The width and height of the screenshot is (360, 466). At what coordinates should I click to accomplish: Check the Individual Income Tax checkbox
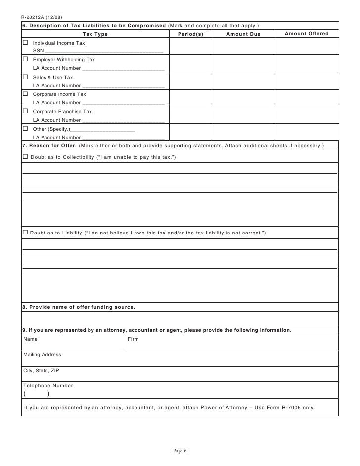26,43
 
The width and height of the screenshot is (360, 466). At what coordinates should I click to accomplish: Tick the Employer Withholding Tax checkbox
26,59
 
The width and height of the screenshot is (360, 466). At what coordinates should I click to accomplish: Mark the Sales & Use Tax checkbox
26,77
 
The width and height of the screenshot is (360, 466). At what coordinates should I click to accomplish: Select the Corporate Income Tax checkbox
26,94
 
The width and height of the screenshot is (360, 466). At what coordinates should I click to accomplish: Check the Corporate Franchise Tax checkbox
26,111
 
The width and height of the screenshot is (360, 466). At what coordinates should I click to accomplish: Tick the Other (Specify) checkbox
26,129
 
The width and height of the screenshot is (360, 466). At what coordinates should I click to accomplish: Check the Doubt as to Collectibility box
25,157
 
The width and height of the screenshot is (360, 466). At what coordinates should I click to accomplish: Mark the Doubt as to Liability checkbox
25,233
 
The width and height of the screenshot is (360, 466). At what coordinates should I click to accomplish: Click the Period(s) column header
190,34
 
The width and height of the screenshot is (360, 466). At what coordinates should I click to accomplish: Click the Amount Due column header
243,34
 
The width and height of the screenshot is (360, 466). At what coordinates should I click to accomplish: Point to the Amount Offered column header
307,34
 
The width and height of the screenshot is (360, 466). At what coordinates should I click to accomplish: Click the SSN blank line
104,51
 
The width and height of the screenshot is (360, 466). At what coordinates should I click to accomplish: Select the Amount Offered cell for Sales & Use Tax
307,81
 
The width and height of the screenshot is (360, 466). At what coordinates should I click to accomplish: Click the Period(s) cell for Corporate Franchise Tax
190,115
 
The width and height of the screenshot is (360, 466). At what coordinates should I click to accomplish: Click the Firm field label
133,340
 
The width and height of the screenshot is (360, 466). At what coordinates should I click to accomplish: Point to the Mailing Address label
42,355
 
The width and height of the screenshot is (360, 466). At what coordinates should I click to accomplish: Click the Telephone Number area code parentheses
36,394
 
